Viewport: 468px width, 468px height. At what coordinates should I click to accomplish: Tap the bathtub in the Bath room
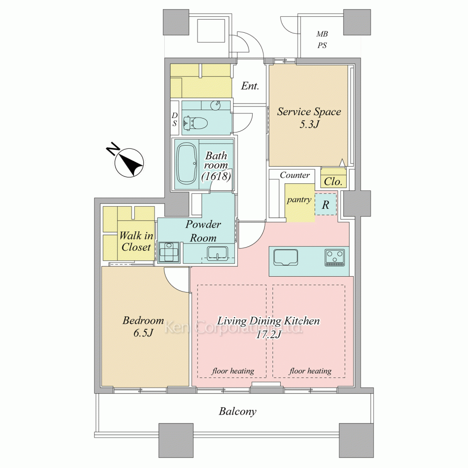click(187, 163)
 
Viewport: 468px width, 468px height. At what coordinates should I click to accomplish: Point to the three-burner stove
click(335, 258)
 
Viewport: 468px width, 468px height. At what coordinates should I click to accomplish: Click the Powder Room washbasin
click(218, 253)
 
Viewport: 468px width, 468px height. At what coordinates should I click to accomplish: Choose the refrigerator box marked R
click(326, 205)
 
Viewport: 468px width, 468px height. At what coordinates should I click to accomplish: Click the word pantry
click(299, 200)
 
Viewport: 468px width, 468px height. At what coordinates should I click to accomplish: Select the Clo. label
click(333, 182)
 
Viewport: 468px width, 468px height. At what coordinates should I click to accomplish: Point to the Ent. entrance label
click(250, 86)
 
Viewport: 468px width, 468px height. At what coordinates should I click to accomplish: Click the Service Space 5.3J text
click(309, 117)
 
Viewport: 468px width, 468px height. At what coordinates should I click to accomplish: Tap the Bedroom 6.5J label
click(143, 327)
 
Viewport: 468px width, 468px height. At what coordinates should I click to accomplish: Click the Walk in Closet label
click(136, 241)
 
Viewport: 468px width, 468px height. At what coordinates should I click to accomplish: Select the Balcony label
click(237, 411)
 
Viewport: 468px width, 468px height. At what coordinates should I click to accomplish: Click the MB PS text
click(322, 40)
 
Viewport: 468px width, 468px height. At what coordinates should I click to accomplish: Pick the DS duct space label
click(175, 119)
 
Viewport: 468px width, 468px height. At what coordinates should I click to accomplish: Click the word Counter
click(294, 175)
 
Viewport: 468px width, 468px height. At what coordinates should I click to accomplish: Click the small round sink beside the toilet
click(215, 105)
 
